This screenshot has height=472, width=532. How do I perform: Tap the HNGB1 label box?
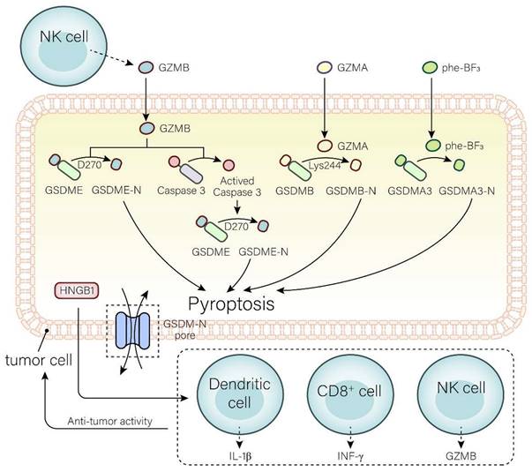pos(76,289)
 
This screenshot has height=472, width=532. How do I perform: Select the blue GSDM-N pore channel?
pos(135,330)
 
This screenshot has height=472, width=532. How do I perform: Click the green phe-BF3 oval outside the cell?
pos(430,67)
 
